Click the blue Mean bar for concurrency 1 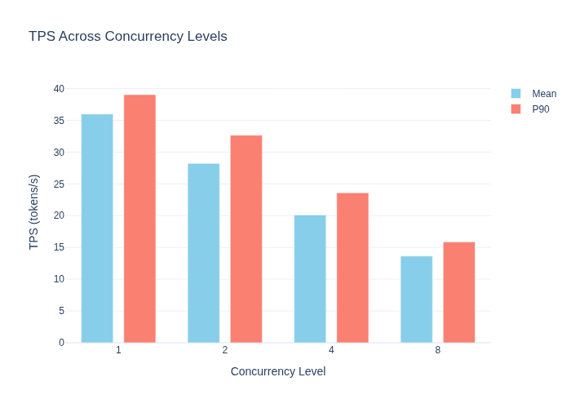pos(97,228)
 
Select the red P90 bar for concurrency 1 pos(139,219)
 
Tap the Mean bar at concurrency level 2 pos(204,253)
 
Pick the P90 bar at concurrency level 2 pos(246,239)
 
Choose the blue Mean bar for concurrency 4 pos(310,279)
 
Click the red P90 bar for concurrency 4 pos(352,268)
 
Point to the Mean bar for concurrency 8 pos(417,299)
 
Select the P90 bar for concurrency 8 pos(459,292)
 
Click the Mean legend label pos(544,94)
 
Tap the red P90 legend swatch pos(516,109)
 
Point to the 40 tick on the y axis pos(59,88)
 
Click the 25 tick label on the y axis pos(59,184)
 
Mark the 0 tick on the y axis pos(61,343)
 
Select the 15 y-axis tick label pos(59,247)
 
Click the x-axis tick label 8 pos(438,350)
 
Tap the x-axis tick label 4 pos(331,350)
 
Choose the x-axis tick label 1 pos(118,350)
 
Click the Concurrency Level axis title pos(278,371)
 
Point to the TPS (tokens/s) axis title pos(33,212)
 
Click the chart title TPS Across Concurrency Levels pos(128,37)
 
